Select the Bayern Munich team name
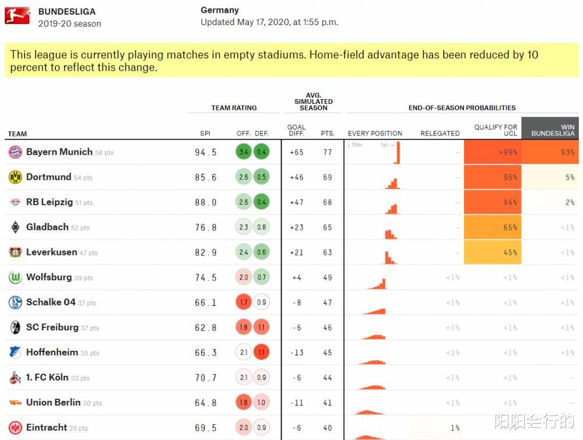(59, 152)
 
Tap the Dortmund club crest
(15, 177)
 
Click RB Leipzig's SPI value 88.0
(205, 202)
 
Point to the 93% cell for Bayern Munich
(550, 152)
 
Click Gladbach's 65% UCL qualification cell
(493, 228)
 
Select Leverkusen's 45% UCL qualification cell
(493, 253)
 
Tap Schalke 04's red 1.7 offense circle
(244, 303)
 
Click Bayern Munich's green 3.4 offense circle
(244, 152)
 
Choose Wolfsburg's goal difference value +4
(296, 278)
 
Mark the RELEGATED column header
(440, 134)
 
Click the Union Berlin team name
(53, 403)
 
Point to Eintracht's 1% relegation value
(454, 428)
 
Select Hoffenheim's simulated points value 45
(327, 353)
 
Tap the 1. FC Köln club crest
(15, 378)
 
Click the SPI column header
(205, 134)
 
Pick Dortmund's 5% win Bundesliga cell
(550, 177)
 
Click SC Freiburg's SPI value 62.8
(205, 328)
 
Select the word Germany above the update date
(220, 10)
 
